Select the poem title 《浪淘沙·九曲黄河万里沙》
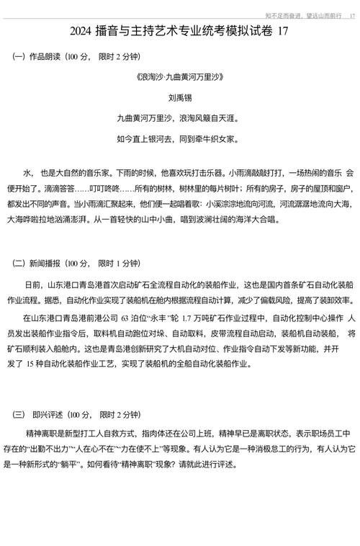coord(180,76)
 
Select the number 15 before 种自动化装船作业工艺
coord(37,365)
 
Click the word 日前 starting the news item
coord(33,286)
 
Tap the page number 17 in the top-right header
coord(351,14)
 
